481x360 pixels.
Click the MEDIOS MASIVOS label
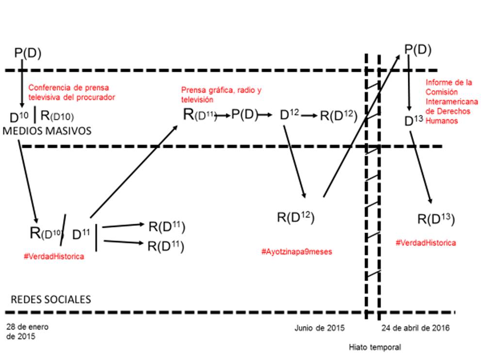[48, 131]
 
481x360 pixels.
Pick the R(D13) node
[436, 219]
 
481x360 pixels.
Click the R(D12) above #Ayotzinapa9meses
[296, 217]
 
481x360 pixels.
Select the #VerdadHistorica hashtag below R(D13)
[426, 242]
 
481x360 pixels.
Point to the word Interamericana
[451, 102]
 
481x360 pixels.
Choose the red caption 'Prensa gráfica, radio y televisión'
[221, 94]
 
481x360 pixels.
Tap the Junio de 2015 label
[319, 328]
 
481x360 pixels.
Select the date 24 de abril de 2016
[415, 328]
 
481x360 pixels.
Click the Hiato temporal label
[375, 347]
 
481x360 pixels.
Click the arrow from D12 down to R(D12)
[294, 160]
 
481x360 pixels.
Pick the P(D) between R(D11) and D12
[244, 115]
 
